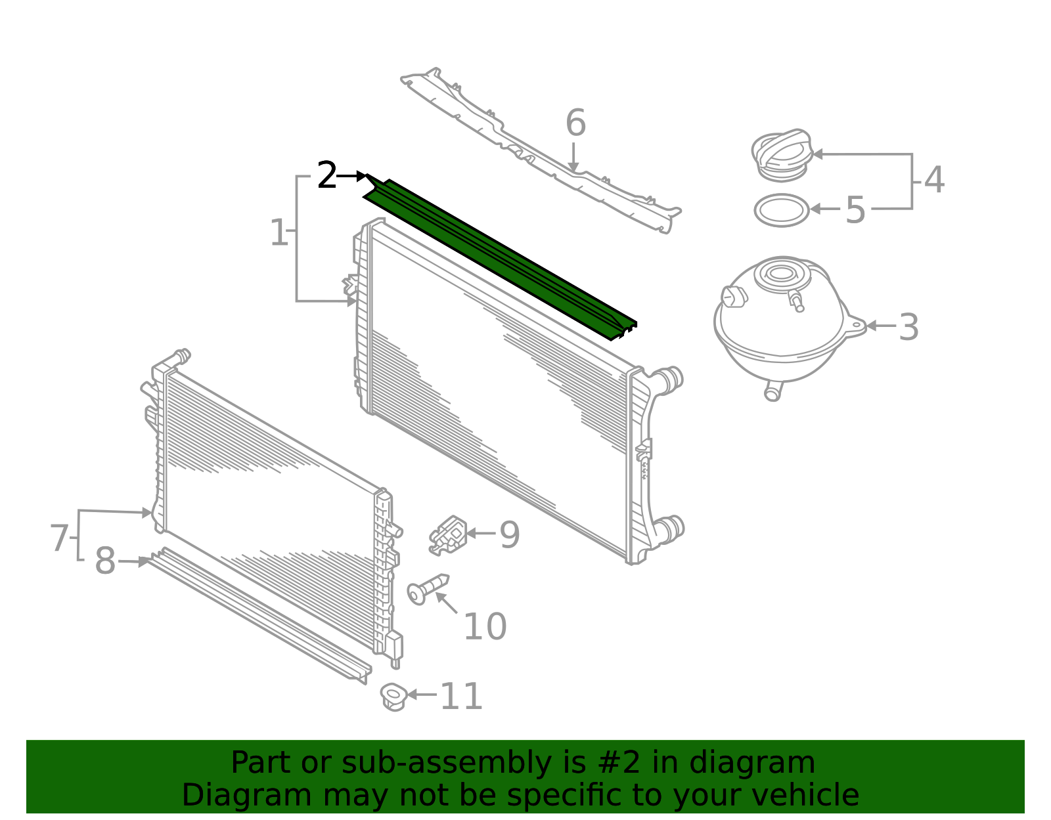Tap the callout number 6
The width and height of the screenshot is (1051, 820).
[x=575, y=123]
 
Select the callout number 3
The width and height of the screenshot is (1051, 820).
[x=908, y=327]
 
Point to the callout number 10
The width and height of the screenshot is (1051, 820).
[x=485, y=627]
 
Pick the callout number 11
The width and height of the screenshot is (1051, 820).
[x=461, y=697]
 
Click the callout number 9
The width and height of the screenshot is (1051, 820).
[x=509, y=534]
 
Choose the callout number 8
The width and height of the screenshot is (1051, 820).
[x=105, y=561]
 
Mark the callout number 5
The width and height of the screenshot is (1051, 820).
[x=855, y=209]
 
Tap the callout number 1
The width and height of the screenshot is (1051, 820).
[x=279, y=232]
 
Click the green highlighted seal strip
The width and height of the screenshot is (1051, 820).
[x=501, y=259]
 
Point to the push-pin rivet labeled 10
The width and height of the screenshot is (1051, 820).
[x=428, y=588]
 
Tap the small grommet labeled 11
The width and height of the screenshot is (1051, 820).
[x=393, y=697]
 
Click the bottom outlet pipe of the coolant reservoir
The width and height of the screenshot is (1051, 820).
[x=773, y=391]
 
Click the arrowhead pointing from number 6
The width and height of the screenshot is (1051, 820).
[x=573, y=167]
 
